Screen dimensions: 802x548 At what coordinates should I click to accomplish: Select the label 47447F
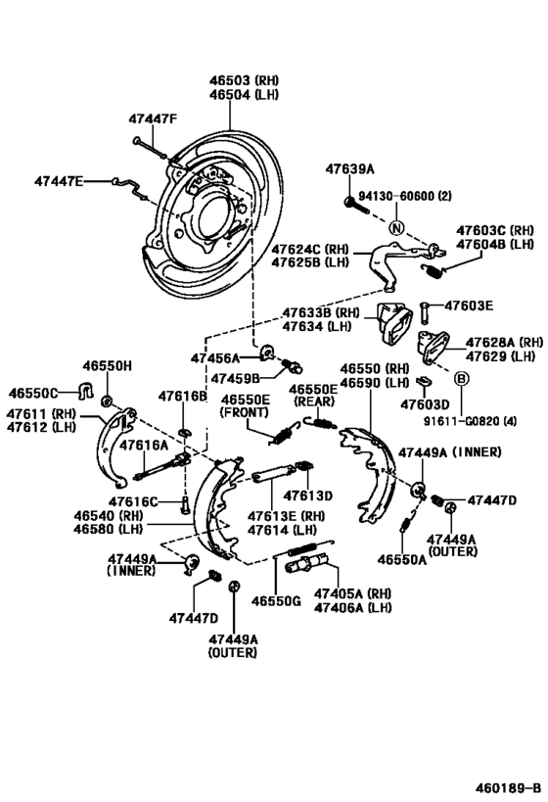(152, 119)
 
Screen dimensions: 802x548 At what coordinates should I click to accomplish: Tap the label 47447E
(59, 180)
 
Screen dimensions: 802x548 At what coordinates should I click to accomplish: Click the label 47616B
(183, 397)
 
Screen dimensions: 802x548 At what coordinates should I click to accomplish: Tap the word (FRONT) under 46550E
(244, 413)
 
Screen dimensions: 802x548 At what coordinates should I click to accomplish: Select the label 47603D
(425, 403)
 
